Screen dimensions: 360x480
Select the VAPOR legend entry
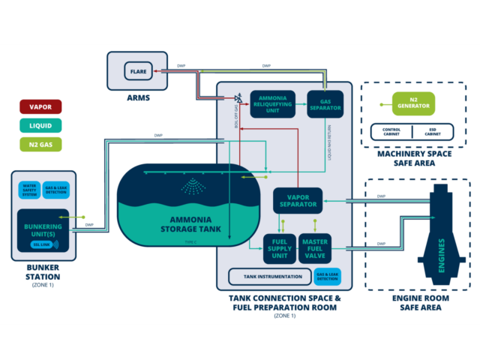click(x=40, y=107)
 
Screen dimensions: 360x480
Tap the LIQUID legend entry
click(x=40, y=125)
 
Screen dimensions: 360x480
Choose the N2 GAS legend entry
click(x=40, y=143)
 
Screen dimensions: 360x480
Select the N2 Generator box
click(x=412, y=103)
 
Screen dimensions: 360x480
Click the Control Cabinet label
click(x=391, y=132)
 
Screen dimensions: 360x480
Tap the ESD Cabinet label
click(x=433, y=132)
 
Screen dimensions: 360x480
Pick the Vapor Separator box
click(x=298, y=199)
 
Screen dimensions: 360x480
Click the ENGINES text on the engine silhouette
click(x=441, y=256)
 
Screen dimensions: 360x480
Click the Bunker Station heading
click(x=43, y=271)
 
